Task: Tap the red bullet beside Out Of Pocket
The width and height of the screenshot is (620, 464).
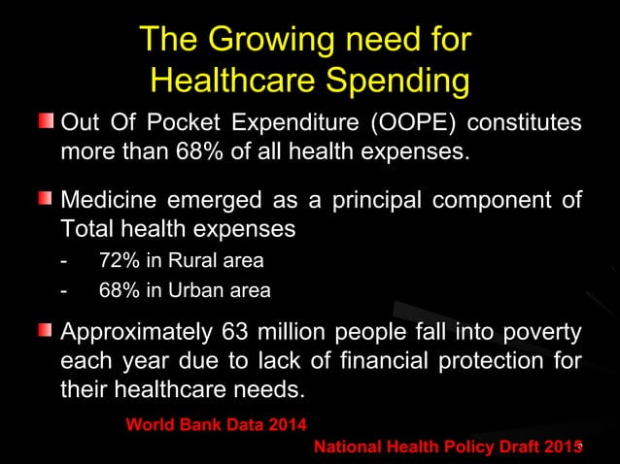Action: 46,122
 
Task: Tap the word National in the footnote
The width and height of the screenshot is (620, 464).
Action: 350,447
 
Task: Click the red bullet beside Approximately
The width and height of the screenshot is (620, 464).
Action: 46,333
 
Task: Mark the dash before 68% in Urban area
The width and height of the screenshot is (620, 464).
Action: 64,289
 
